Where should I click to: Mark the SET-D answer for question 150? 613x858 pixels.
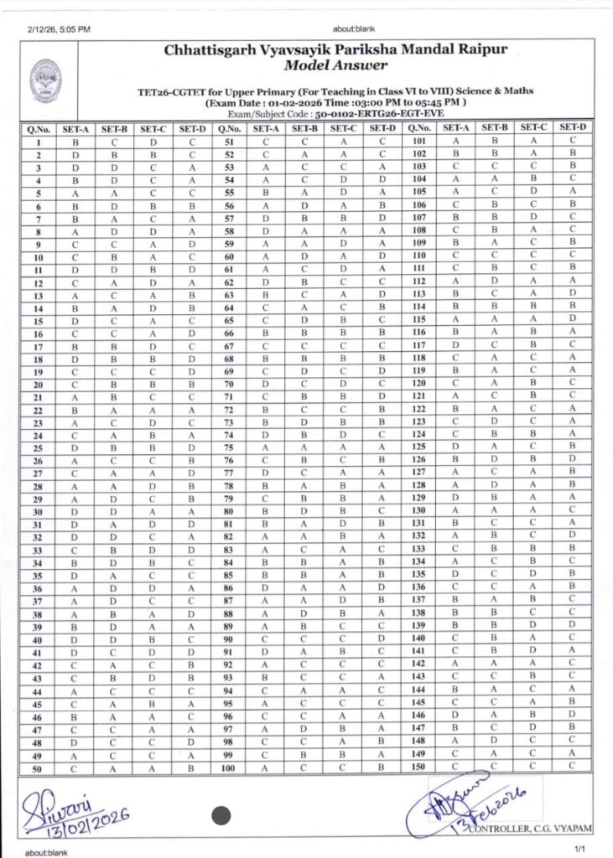coord(571,768)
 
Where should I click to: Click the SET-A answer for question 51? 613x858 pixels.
coord(266,142)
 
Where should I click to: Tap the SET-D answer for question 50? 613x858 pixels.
coord(192,768)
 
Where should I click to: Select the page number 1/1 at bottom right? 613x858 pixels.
coord(578,849)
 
